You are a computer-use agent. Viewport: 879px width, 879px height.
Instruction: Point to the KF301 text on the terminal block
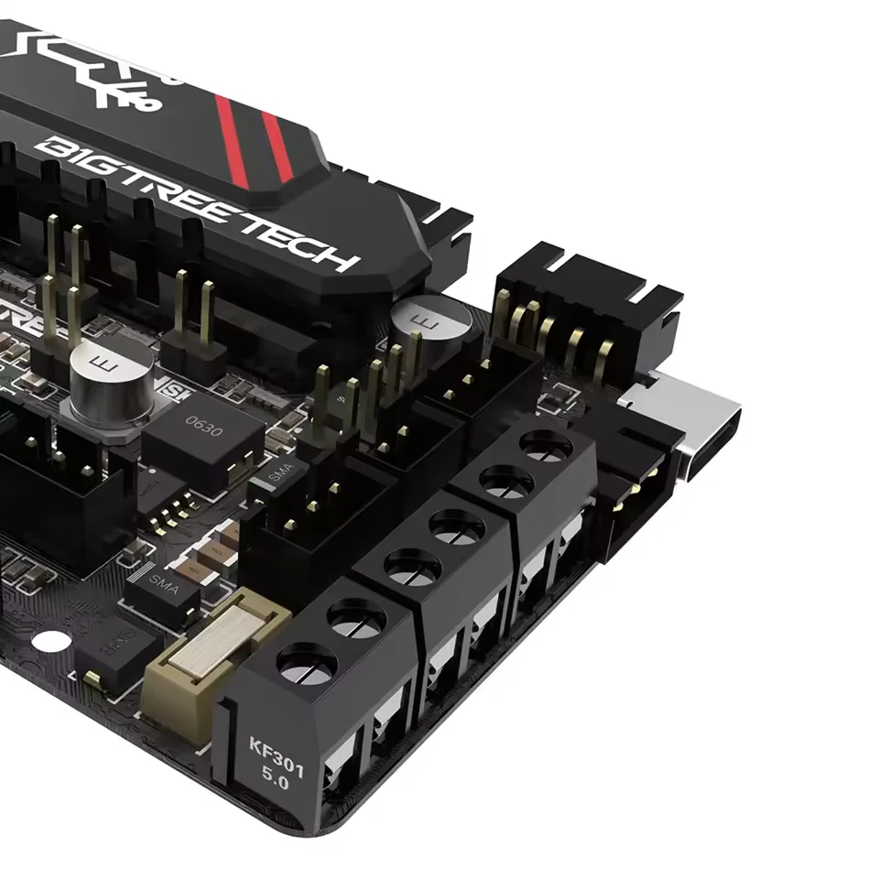(276, 743)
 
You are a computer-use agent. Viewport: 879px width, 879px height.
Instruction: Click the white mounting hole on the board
(53, 643)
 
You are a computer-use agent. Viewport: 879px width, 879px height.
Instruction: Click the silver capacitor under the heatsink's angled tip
(429, 322)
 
